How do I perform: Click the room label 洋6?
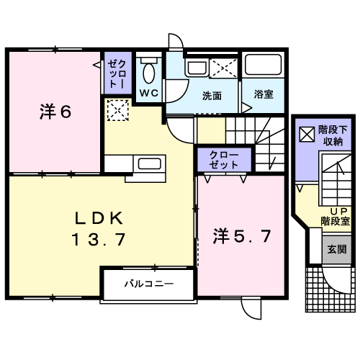55,112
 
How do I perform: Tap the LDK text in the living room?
99,218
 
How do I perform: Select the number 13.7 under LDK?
99,239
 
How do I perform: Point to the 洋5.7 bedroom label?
242,236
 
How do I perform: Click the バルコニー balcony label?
149,284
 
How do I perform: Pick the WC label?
149,93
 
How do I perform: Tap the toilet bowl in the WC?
149,73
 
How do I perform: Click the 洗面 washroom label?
212,96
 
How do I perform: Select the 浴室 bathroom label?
264,94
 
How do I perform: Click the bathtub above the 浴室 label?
263,64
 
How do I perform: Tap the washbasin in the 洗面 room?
197,68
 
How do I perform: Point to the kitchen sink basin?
149,163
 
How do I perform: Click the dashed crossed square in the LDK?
118,110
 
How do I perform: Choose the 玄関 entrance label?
337,250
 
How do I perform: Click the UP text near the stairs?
339,211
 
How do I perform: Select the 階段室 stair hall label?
336,221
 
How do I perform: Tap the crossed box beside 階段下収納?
307,134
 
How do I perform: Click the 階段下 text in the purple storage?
333,130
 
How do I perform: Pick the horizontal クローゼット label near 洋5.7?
224,160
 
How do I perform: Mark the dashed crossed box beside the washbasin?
223,68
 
